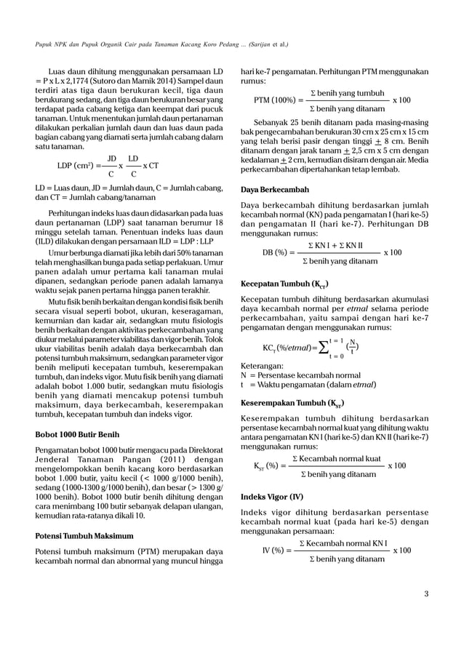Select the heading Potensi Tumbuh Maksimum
(x=84, y=516)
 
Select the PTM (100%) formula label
(x=277, y=100)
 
